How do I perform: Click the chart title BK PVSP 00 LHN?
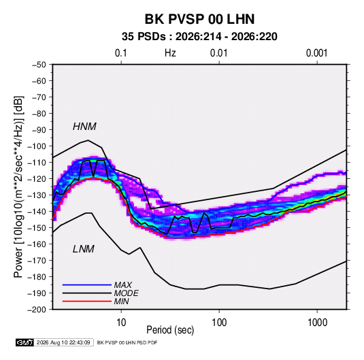click(x=199, y=19)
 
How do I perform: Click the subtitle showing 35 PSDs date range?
click(x=199, y=37)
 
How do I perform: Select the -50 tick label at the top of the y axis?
click(x=39, y=65)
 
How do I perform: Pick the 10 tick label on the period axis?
click(x=121, y=323)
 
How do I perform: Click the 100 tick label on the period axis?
click(x=219, y=323)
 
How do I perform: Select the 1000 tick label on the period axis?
click(x=317, y=323)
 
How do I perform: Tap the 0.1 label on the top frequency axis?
click(x=121, y=53)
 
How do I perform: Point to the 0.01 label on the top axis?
click(x=218, y=53)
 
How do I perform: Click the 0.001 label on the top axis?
click(x=316, y=53)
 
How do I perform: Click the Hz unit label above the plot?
click(x=170, y=53)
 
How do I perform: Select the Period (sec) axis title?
click(x=170, y=330)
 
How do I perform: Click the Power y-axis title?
click(x=18, y=187)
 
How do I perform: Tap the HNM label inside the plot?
click(x=84, y=127)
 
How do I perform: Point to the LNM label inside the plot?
click(x=84, y=249)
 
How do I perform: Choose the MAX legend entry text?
click(x=123, y=285)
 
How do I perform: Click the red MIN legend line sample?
click(x=87, y=301)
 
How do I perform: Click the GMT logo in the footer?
click(x=24, y=342)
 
